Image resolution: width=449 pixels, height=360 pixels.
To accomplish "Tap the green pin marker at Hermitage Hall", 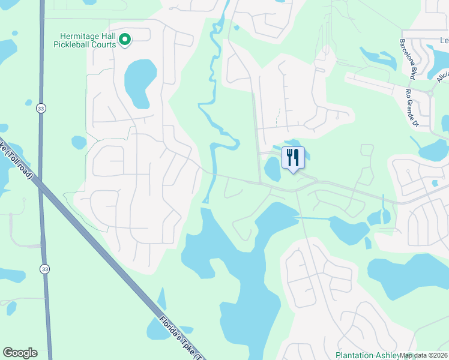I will click(x=125, y=40).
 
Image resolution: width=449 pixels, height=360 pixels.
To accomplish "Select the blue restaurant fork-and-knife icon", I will click(x=293, y=158).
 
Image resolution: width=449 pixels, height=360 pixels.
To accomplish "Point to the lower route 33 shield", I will click(x=45, y=269).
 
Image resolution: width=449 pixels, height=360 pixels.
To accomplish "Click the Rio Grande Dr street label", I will click(x=411, y=109).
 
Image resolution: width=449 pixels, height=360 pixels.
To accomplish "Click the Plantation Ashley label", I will click(x=366, y=355).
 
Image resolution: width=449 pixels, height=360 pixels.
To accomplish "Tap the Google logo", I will click(x=20, y=353).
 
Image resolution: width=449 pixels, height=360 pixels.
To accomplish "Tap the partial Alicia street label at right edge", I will click(x=443, y=79).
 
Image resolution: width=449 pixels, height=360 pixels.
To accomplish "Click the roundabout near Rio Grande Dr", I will click(x=430, y=94).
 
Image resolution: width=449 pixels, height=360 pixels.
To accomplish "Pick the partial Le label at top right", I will click(x=444, y=40).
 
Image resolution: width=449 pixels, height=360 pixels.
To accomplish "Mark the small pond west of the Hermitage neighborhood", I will click(x=79, y=142).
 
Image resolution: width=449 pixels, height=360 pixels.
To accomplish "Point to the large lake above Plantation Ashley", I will click(x=414, y=276).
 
